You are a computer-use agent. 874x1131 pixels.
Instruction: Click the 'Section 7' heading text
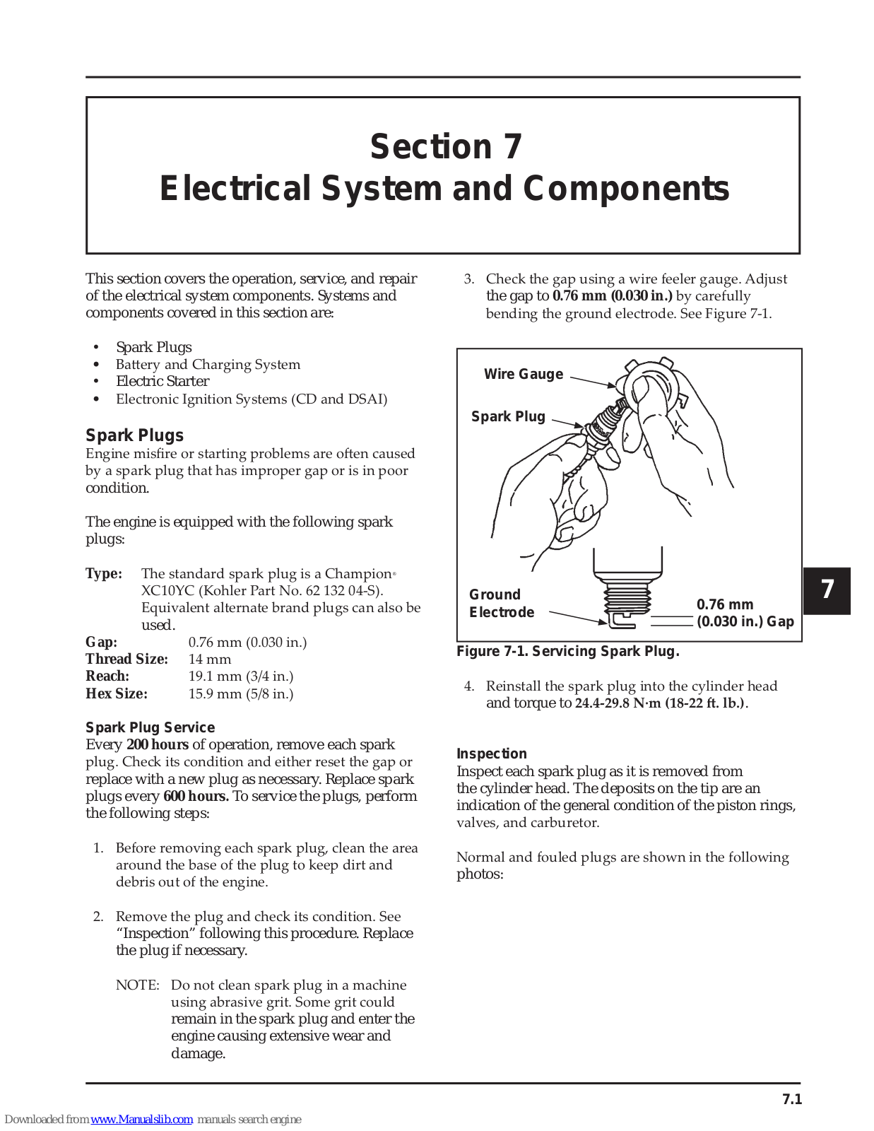click(446, 147)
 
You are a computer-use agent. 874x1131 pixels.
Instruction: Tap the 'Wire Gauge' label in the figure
click(524, 374)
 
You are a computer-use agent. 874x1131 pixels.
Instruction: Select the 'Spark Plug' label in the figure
click(508, 416)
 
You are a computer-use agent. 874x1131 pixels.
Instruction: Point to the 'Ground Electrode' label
click(502, 603)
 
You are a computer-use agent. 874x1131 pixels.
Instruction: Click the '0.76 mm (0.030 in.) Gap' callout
click(745, 613)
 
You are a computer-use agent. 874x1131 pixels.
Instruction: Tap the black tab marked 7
click(827, 590)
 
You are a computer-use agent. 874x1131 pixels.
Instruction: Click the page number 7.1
click(792, 1099)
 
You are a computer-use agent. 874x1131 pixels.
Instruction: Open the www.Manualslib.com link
click(142, 1119)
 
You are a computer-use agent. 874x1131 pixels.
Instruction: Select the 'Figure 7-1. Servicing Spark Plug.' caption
click(567, 651)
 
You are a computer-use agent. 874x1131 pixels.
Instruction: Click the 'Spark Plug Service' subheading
click(150, 727)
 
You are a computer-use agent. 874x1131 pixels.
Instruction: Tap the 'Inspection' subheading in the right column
click(491, 754)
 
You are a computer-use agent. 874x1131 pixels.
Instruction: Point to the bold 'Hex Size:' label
click(117, 693)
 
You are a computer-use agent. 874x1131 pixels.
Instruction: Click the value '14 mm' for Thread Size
click(210, 659)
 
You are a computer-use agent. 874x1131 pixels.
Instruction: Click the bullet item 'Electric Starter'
click(163, 381)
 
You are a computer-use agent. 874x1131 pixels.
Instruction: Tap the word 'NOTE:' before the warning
click(138, 985)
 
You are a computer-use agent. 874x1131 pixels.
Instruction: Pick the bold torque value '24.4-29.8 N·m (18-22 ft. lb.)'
click(660, 703)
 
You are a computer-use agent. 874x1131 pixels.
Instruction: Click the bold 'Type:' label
click(104, 573)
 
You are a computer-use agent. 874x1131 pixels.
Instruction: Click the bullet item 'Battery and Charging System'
click(208, 364)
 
